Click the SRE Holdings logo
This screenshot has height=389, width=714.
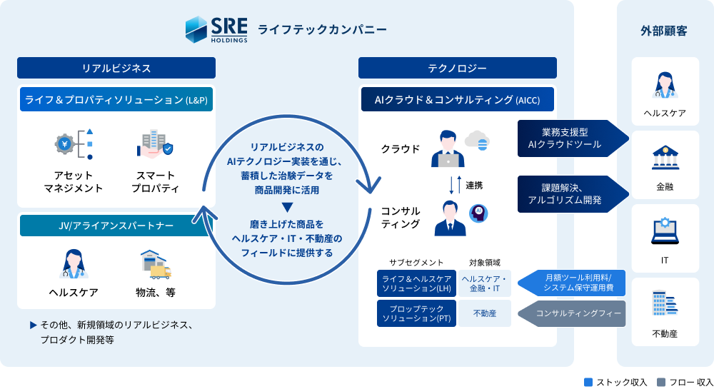click(x=216, y=29)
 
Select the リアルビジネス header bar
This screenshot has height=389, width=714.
click(x=116, y=68)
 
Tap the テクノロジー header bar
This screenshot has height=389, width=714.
click(x=457, y=68)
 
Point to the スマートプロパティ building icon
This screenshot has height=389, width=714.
click(x=154, y=143)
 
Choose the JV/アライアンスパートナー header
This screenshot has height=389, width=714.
click(x=116, y=226)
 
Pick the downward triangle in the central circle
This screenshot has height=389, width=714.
click(x=287, y=207)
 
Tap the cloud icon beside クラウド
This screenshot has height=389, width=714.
click(x=476, y=139)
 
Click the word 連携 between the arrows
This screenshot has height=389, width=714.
click(x=474, y=185)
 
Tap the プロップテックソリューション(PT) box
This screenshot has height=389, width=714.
click(x=416, y=313)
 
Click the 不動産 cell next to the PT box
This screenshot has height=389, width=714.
click(x=485, y=313)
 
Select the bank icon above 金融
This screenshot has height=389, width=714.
click(x=665, y=157)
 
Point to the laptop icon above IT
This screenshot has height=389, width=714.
click(x=665, y=231)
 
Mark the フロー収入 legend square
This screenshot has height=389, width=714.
click(x=660, y=382)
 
